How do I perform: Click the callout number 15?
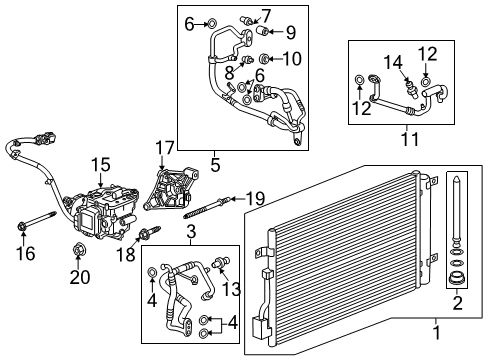coord(100,164)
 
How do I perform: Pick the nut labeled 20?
coord(75,248)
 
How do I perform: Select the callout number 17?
coord(165,147)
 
